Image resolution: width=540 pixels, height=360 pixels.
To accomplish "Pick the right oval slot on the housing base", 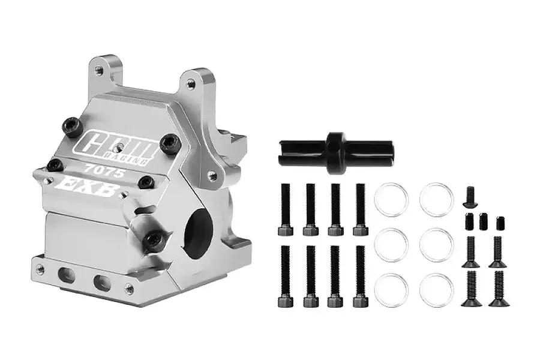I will (x=100, y=281).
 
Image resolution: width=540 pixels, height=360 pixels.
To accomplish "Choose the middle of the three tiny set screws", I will (x=484, y=221).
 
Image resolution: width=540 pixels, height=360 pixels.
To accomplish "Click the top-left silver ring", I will (x=391, y=200).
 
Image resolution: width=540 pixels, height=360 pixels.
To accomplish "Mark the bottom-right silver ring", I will (x=436, y=289).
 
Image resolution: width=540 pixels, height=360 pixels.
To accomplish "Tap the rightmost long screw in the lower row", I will (x=360, y=277).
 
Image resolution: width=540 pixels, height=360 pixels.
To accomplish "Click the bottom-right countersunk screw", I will (x=498, y=289).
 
